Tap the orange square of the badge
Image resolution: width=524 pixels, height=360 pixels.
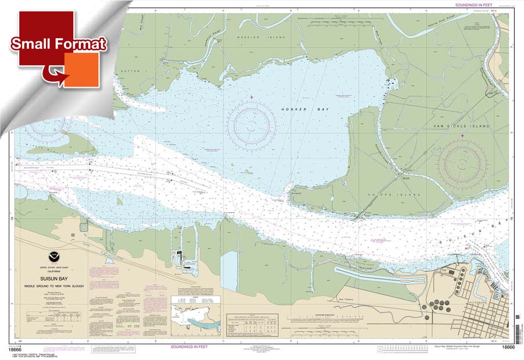click(x=81, y=70)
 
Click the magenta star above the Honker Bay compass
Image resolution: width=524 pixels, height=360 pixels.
click(x=252, y=96)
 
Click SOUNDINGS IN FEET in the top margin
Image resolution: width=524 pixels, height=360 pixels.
click(x=469, y=5)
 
